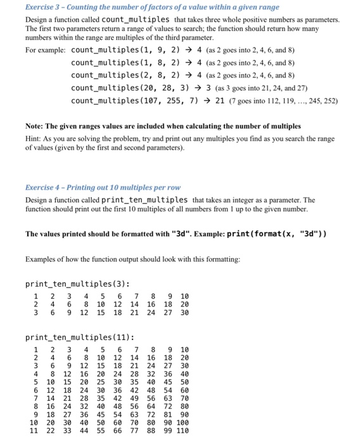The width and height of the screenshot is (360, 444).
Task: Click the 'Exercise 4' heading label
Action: pyautogui.click(x=42, y=188)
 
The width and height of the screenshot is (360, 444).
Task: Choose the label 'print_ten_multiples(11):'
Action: pyautogui.click(x=80, y=337)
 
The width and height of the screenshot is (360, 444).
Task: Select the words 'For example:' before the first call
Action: pyautogui.click(x=45, y=50)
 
